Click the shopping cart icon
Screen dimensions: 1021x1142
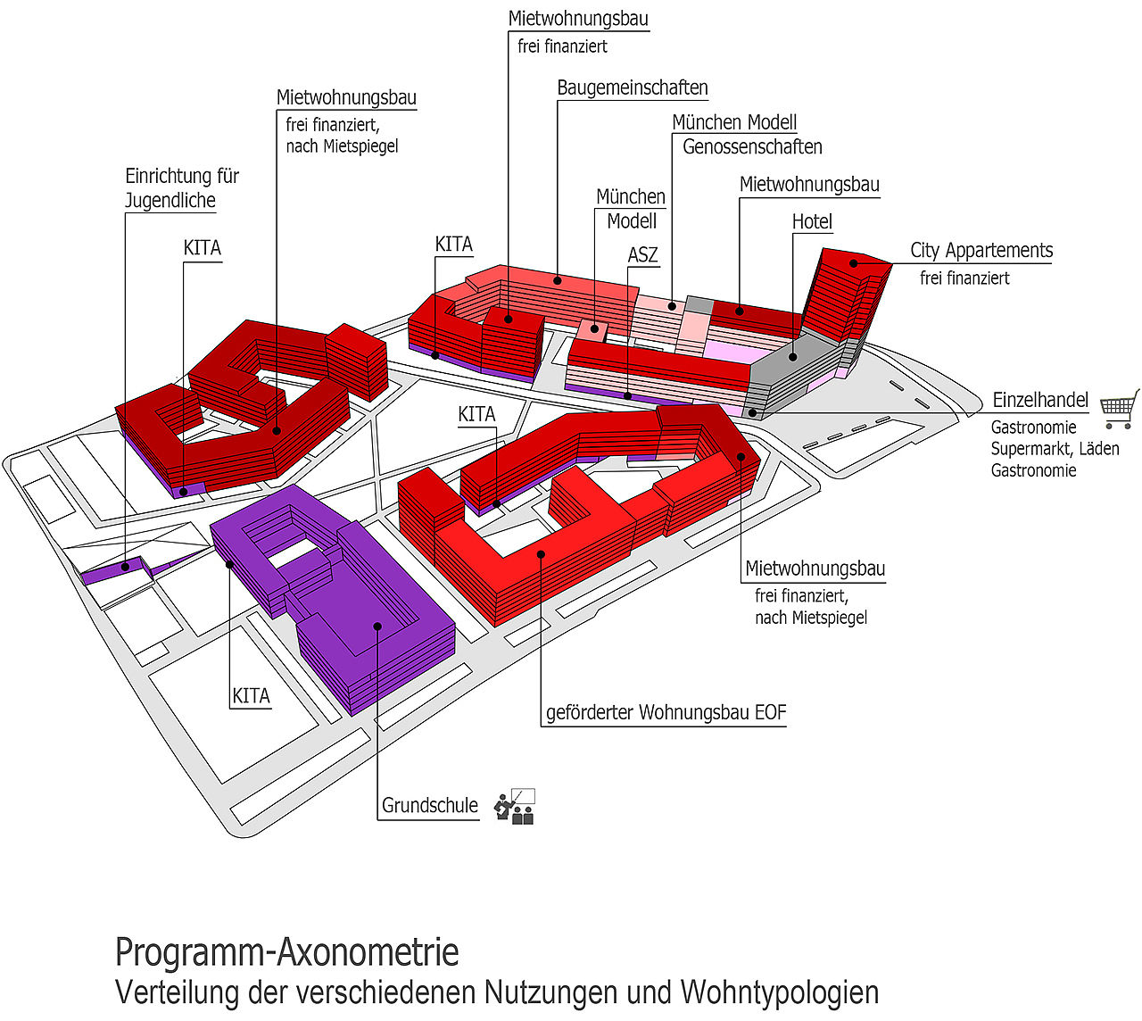pyautogui.click(x=1120, y=409)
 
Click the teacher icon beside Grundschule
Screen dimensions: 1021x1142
pyautogui.click(x=516, y=806)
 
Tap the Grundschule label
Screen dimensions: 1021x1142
pyautogui.click(x=430, y=806)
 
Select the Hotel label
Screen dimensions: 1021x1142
pyautogui.click(x=812, y=221)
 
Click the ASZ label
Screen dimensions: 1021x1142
pyautogui.click(x=642, y=255)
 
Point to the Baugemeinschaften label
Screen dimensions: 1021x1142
pyautogui.click(x=633, y=88)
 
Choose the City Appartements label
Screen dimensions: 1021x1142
pyautogui.click(x=981, y=251)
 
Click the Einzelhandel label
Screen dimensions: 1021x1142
pyautogui.click(x=1040, y=401)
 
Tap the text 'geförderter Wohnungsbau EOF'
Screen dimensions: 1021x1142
pyautogui.click(x=666, y=713)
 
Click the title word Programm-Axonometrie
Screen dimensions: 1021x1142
pyautogui.click(x=286, y=953)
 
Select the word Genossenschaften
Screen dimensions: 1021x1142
pyautogui.click(x=752, y=146)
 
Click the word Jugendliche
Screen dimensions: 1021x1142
pyautogui.click(x=170, y=201)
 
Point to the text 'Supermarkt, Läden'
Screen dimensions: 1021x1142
pyautogui.click(x=1055, y=449)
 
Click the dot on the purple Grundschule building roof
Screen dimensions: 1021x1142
pyautogui.click(x=378, y=627)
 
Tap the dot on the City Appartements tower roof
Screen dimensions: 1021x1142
pyautogui.click(x=854, y=263)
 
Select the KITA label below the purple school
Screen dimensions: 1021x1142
pyautogui.click(x=251, y=696)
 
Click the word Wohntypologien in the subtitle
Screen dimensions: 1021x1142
pyautogui.click(x=779, y=992)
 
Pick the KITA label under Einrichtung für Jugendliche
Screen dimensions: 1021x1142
pyautogui.click(x=202, y=248)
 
